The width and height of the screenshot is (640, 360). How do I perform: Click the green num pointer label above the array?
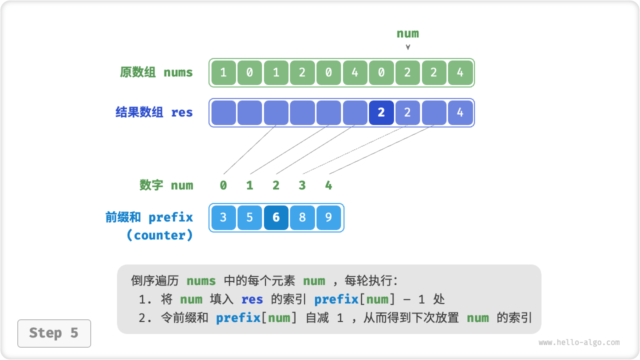[407, 33]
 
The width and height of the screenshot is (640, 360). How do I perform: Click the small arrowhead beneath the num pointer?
[408, 47]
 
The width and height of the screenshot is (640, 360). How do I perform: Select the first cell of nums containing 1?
[223, 72]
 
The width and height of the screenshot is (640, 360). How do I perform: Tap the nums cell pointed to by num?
[407, 72]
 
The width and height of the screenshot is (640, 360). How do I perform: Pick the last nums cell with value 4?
[460, 72]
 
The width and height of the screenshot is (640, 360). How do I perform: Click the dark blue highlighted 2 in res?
[381, 112]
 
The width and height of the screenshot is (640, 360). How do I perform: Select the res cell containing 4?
[460, 112]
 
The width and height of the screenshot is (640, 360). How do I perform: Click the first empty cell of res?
[223, 112]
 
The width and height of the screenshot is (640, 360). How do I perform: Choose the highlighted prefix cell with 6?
[276, 217]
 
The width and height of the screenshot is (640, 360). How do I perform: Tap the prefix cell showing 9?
[328, 217]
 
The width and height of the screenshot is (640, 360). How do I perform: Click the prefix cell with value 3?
[223, 217]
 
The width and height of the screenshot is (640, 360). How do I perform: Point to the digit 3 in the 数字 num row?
[302, 185]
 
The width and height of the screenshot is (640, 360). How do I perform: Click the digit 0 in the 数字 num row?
[223, 185]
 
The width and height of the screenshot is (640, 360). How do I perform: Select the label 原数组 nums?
[156, 72]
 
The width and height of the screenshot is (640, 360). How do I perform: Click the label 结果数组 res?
[154, 112]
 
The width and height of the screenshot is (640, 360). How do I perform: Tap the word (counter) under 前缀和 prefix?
[159, 235]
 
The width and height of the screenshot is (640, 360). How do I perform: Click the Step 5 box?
[54, 333]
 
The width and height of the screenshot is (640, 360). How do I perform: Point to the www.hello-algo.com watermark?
[579, 342]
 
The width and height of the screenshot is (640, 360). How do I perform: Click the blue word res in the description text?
[252, 299]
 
